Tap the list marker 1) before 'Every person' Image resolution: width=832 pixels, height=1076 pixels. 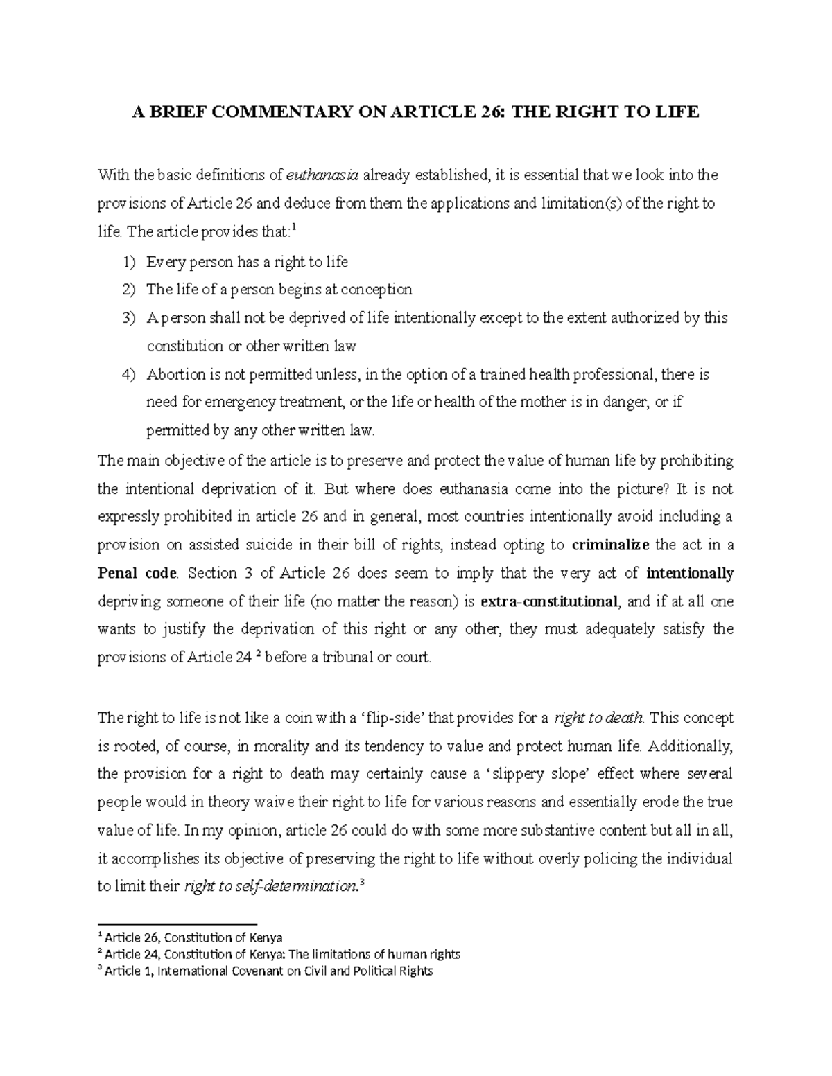(128, 262)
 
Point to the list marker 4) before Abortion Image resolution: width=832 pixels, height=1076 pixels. (128, 375)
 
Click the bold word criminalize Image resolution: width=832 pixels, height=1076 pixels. (610, 545)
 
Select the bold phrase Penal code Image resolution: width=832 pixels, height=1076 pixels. (138, 573)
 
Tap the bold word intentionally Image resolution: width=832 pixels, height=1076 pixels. (689, 573)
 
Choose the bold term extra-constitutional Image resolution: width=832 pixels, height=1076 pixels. (548, 601)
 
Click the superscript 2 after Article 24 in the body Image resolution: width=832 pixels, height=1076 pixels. (258, 654)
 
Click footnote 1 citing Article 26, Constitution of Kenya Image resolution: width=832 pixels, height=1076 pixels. (191, 938)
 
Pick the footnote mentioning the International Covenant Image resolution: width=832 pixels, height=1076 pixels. (267, 971)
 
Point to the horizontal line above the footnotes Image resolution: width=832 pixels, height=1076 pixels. (177, 924)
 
